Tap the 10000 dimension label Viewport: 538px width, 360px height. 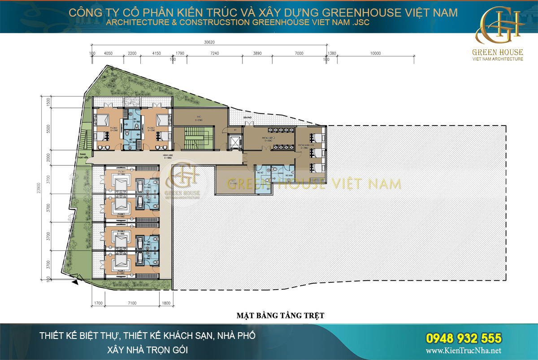coord(375,53)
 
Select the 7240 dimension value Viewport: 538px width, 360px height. coord(214,53)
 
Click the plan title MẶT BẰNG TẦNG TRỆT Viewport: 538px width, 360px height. coord(280,316)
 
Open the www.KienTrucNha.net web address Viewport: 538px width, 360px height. coord(463,351)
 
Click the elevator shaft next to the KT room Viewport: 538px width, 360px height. coord(234,141)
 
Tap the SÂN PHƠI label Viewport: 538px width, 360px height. coord(246,117)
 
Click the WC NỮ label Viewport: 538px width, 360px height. coord(260,172)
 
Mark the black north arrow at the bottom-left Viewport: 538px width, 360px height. coord(76,282)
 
